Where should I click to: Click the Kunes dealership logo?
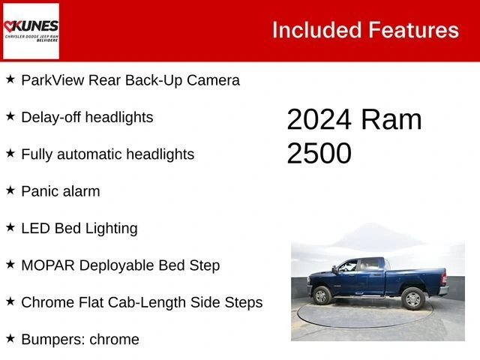click(x=31, y=31)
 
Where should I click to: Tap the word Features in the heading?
click(x=413, y=30)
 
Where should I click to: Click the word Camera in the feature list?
click(x=212, y=80)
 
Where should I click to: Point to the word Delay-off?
click(x=52, y=117)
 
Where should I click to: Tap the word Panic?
click(x=40, y=191)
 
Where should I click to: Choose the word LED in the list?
click(x=35, y=228)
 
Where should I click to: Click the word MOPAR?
click(x=47, y=265)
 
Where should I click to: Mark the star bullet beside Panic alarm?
click(x=10, y=190)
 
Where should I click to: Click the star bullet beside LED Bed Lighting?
click(x=10, y=227)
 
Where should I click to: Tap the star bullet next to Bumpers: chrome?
click(x=10, y=338)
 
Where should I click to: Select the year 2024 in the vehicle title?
click(x=319, y=120)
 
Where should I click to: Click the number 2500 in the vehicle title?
click(x=319, y=153)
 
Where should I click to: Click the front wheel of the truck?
click(x=322, y=295)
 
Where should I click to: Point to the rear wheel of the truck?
click(x=413, y=298)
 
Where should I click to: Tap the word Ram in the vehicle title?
click(x=391, y=120)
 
